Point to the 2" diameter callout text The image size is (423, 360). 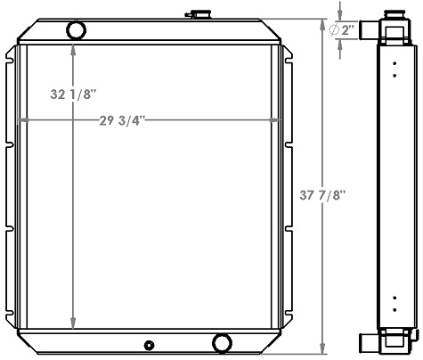pos(347,30)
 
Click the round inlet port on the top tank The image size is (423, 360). pos(77,31)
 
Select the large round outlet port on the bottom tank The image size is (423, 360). pos(223,342)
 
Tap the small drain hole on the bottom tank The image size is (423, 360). pos(149,345)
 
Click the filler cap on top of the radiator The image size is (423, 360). pos(195,14)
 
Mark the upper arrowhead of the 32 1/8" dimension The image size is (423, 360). pos(74,47)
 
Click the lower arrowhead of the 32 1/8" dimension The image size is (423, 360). pos(74,324)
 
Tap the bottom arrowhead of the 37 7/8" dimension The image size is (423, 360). pos(323,351)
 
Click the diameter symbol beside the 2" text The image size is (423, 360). pos(334,30)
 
